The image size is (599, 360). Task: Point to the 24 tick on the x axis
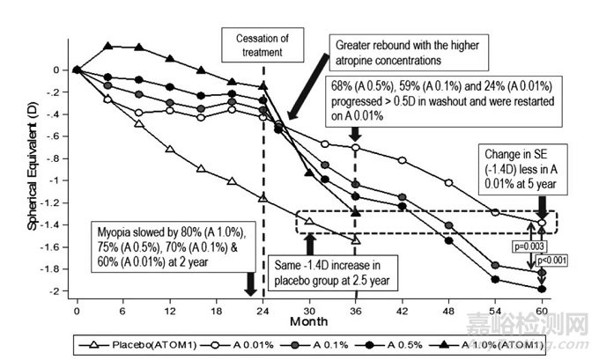pos(263,312)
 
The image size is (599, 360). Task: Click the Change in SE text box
pos(523,170)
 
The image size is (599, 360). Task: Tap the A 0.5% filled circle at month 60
pos(540,288)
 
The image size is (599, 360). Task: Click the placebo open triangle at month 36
pos(355,239)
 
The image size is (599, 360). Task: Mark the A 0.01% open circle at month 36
pos(355,147)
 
